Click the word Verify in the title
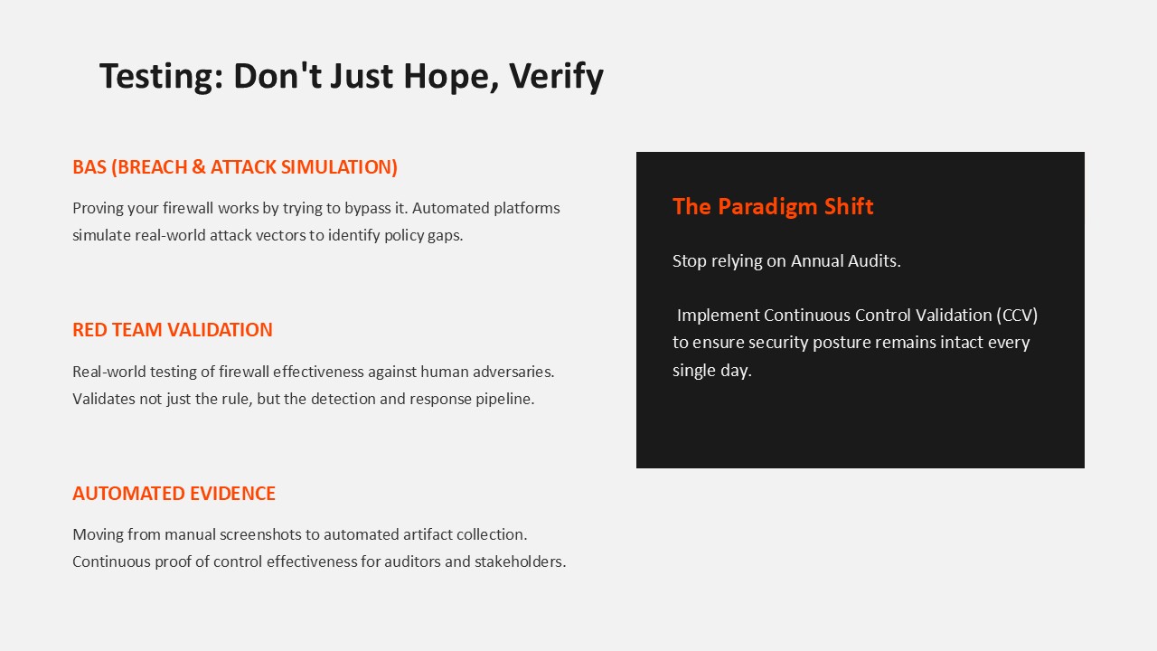pyautogui.click(x=556, y=77)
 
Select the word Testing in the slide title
pyautogui.click(x=162, y=77)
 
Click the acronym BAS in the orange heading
pyautogui.click(x=89, y=167)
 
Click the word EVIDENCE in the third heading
pyautogui.click(x=232, y=494)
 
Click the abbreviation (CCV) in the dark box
pyautogui.click(x=1017, y=316)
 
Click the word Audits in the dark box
pyautogui.click(x=874, y=261)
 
